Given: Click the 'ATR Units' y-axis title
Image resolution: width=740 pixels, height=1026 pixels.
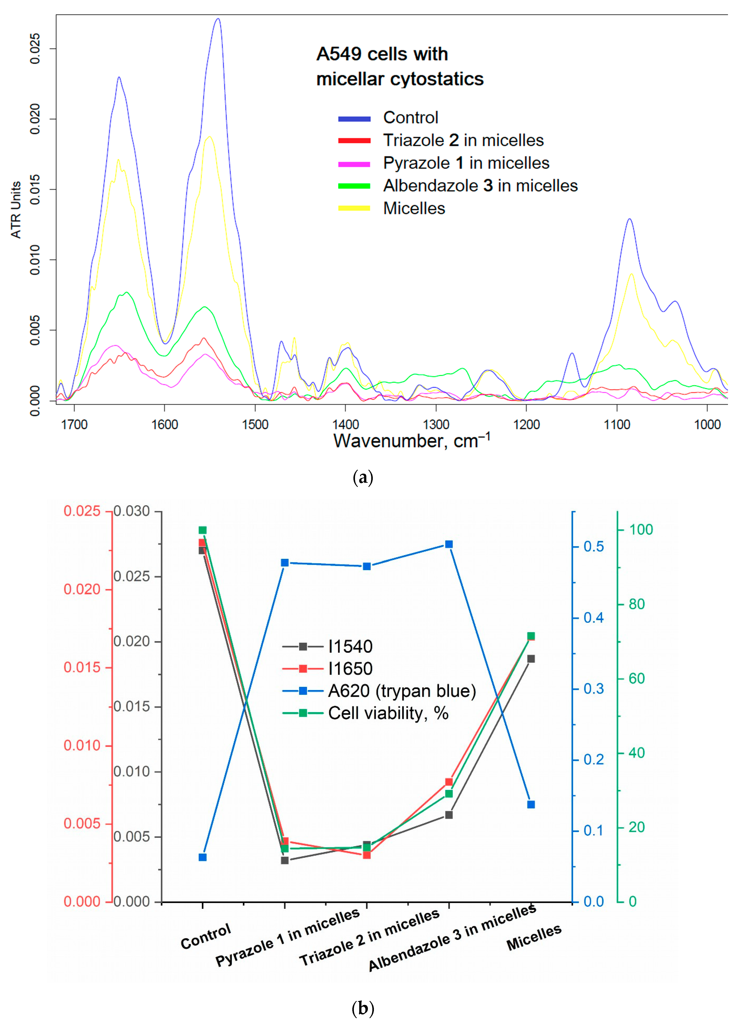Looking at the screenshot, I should point(16,210).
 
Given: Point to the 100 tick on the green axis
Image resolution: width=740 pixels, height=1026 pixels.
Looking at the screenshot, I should point(641,530).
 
